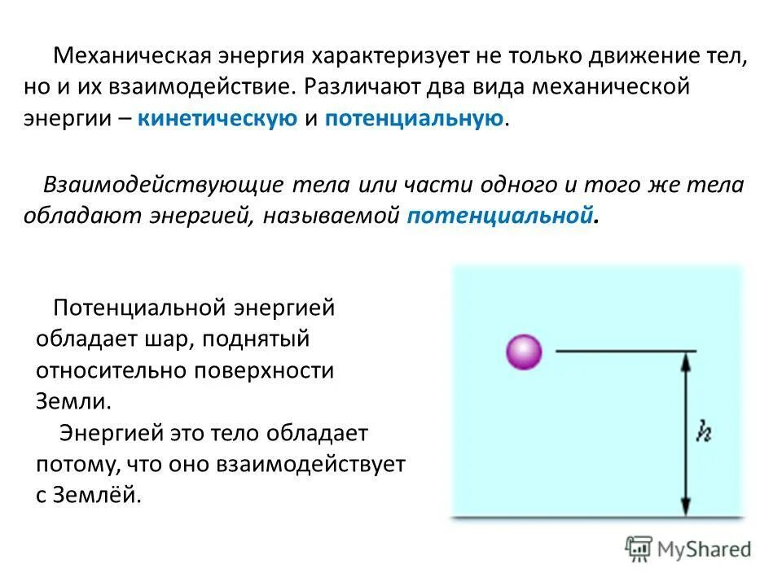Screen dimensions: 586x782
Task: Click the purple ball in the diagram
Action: point(524,352)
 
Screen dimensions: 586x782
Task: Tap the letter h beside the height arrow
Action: point(704,431)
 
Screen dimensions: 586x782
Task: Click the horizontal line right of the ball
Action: point(626,351)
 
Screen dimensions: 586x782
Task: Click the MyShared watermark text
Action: point(705,549)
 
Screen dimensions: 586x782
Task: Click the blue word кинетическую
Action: point(217,119)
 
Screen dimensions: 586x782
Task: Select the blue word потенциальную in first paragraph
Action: point(414,119)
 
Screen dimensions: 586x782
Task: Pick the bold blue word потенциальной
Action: point(498,216)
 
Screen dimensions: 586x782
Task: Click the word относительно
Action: point(108,370)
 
